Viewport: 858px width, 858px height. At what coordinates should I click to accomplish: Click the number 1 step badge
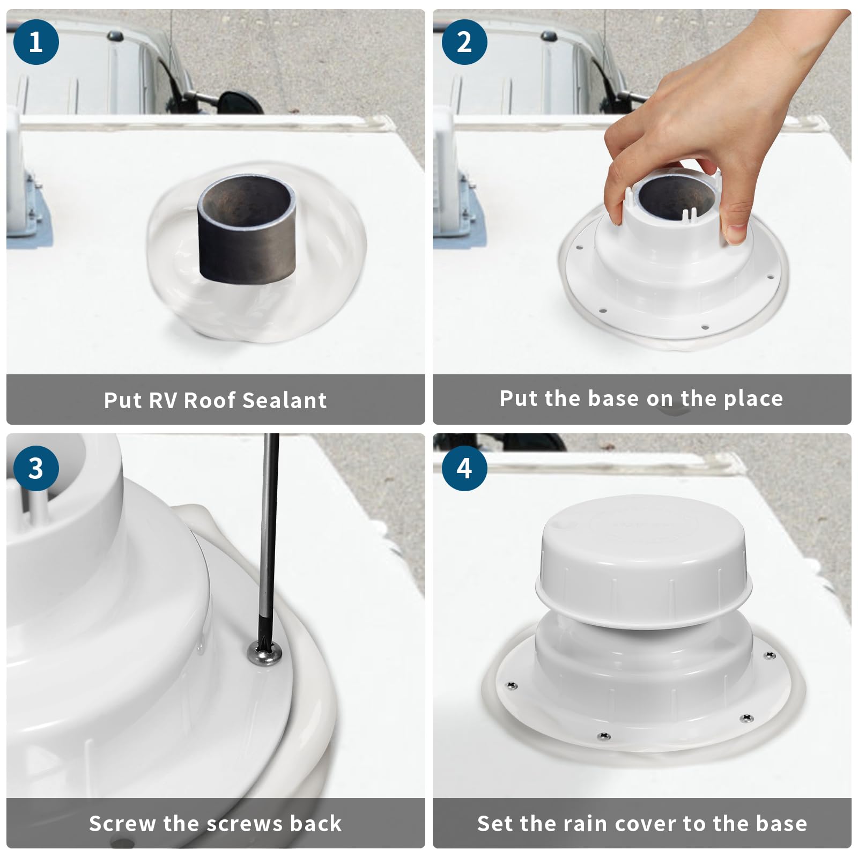tap(36, 42)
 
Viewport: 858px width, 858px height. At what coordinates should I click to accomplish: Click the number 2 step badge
tap(464, 42)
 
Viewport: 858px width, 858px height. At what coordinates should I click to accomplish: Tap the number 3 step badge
tap(36, 468)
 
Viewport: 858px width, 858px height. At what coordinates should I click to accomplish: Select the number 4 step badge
tap(464, 468)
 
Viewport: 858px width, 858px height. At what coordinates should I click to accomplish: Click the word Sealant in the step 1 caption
tap(284, 401)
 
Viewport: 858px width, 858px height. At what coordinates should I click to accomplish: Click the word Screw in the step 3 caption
tap(123, 824)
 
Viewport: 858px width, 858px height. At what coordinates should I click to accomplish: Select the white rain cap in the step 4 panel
tap(643, 563)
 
